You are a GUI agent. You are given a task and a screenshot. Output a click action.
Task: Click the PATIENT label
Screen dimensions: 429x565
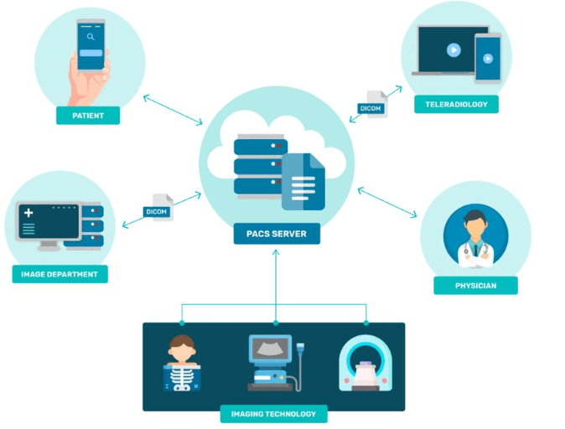tap(88, 116)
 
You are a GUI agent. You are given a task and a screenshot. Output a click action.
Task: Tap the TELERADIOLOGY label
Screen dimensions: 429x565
tap(456, 105)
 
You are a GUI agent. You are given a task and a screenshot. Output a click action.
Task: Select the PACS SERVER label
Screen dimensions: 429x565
tap(277, 234)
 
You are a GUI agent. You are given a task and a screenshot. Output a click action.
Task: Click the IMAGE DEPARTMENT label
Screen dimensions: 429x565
tap(60, 274)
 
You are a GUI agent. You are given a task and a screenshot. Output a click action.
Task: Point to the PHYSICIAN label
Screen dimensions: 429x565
tap(475, 286)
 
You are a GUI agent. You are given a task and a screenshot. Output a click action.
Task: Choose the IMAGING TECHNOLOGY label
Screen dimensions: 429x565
tap(273, 414)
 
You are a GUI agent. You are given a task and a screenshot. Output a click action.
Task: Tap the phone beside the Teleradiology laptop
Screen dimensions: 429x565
tap(487, 58)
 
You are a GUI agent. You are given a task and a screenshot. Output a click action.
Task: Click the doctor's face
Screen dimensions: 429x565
tap(475, 225)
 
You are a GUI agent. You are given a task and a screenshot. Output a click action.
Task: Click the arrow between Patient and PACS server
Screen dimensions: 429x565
tap(172, 110)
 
